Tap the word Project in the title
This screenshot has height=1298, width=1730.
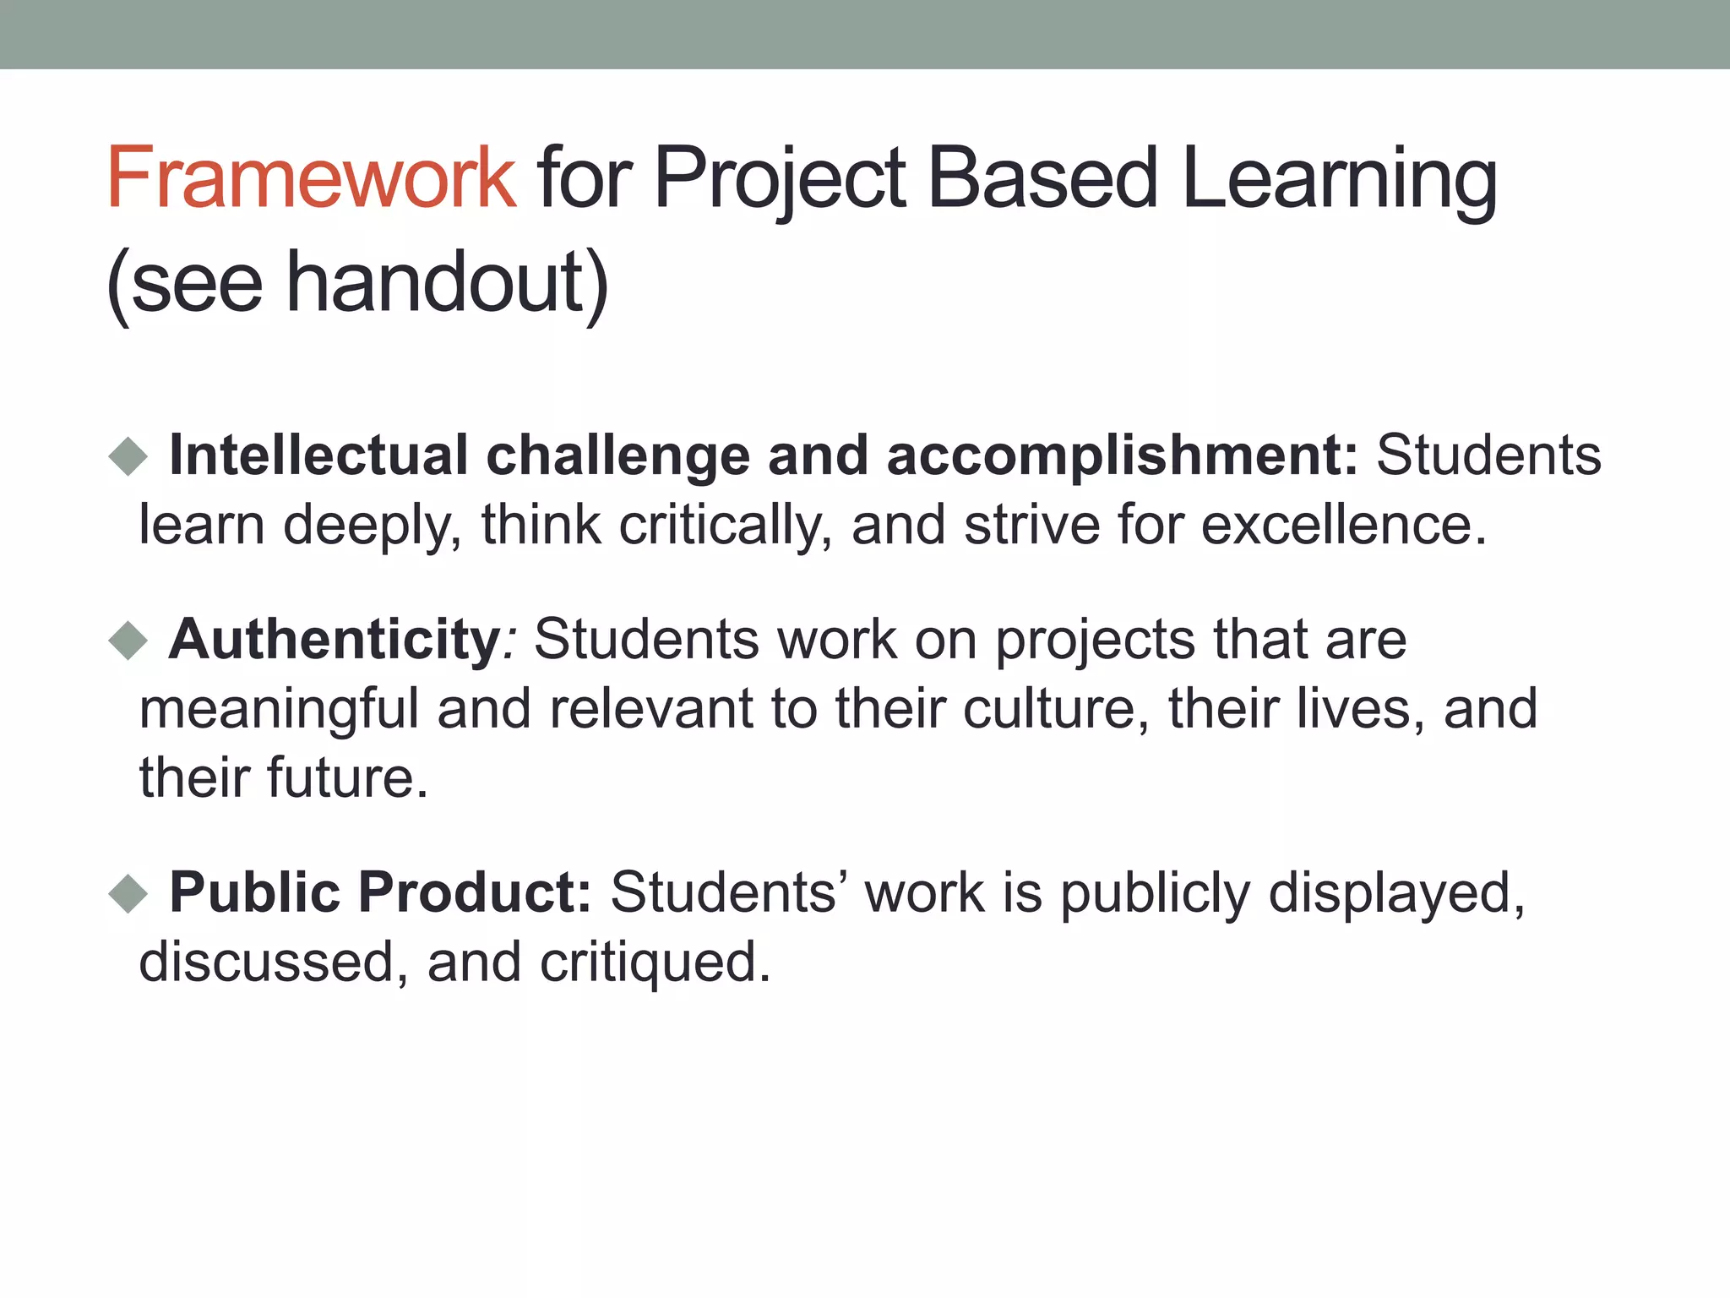[x=780, y=179]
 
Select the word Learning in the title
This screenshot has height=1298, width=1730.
[x=1339, y=179]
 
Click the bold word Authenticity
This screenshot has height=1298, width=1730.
[x=335, y=639]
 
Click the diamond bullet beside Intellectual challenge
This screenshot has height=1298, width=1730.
[x=128, y=457]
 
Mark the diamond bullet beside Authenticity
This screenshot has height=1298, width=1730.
[x=128, y=641]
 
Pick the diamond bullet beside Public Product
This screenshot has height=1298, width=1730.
[x=128, y=893]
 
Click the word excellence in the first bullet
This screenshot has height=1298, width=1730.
[x=1343, y=525]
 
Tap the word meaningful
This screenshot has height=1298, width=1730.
[x=279, y=710]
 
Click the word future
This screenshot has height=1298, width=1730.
[x=347, y=777]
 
